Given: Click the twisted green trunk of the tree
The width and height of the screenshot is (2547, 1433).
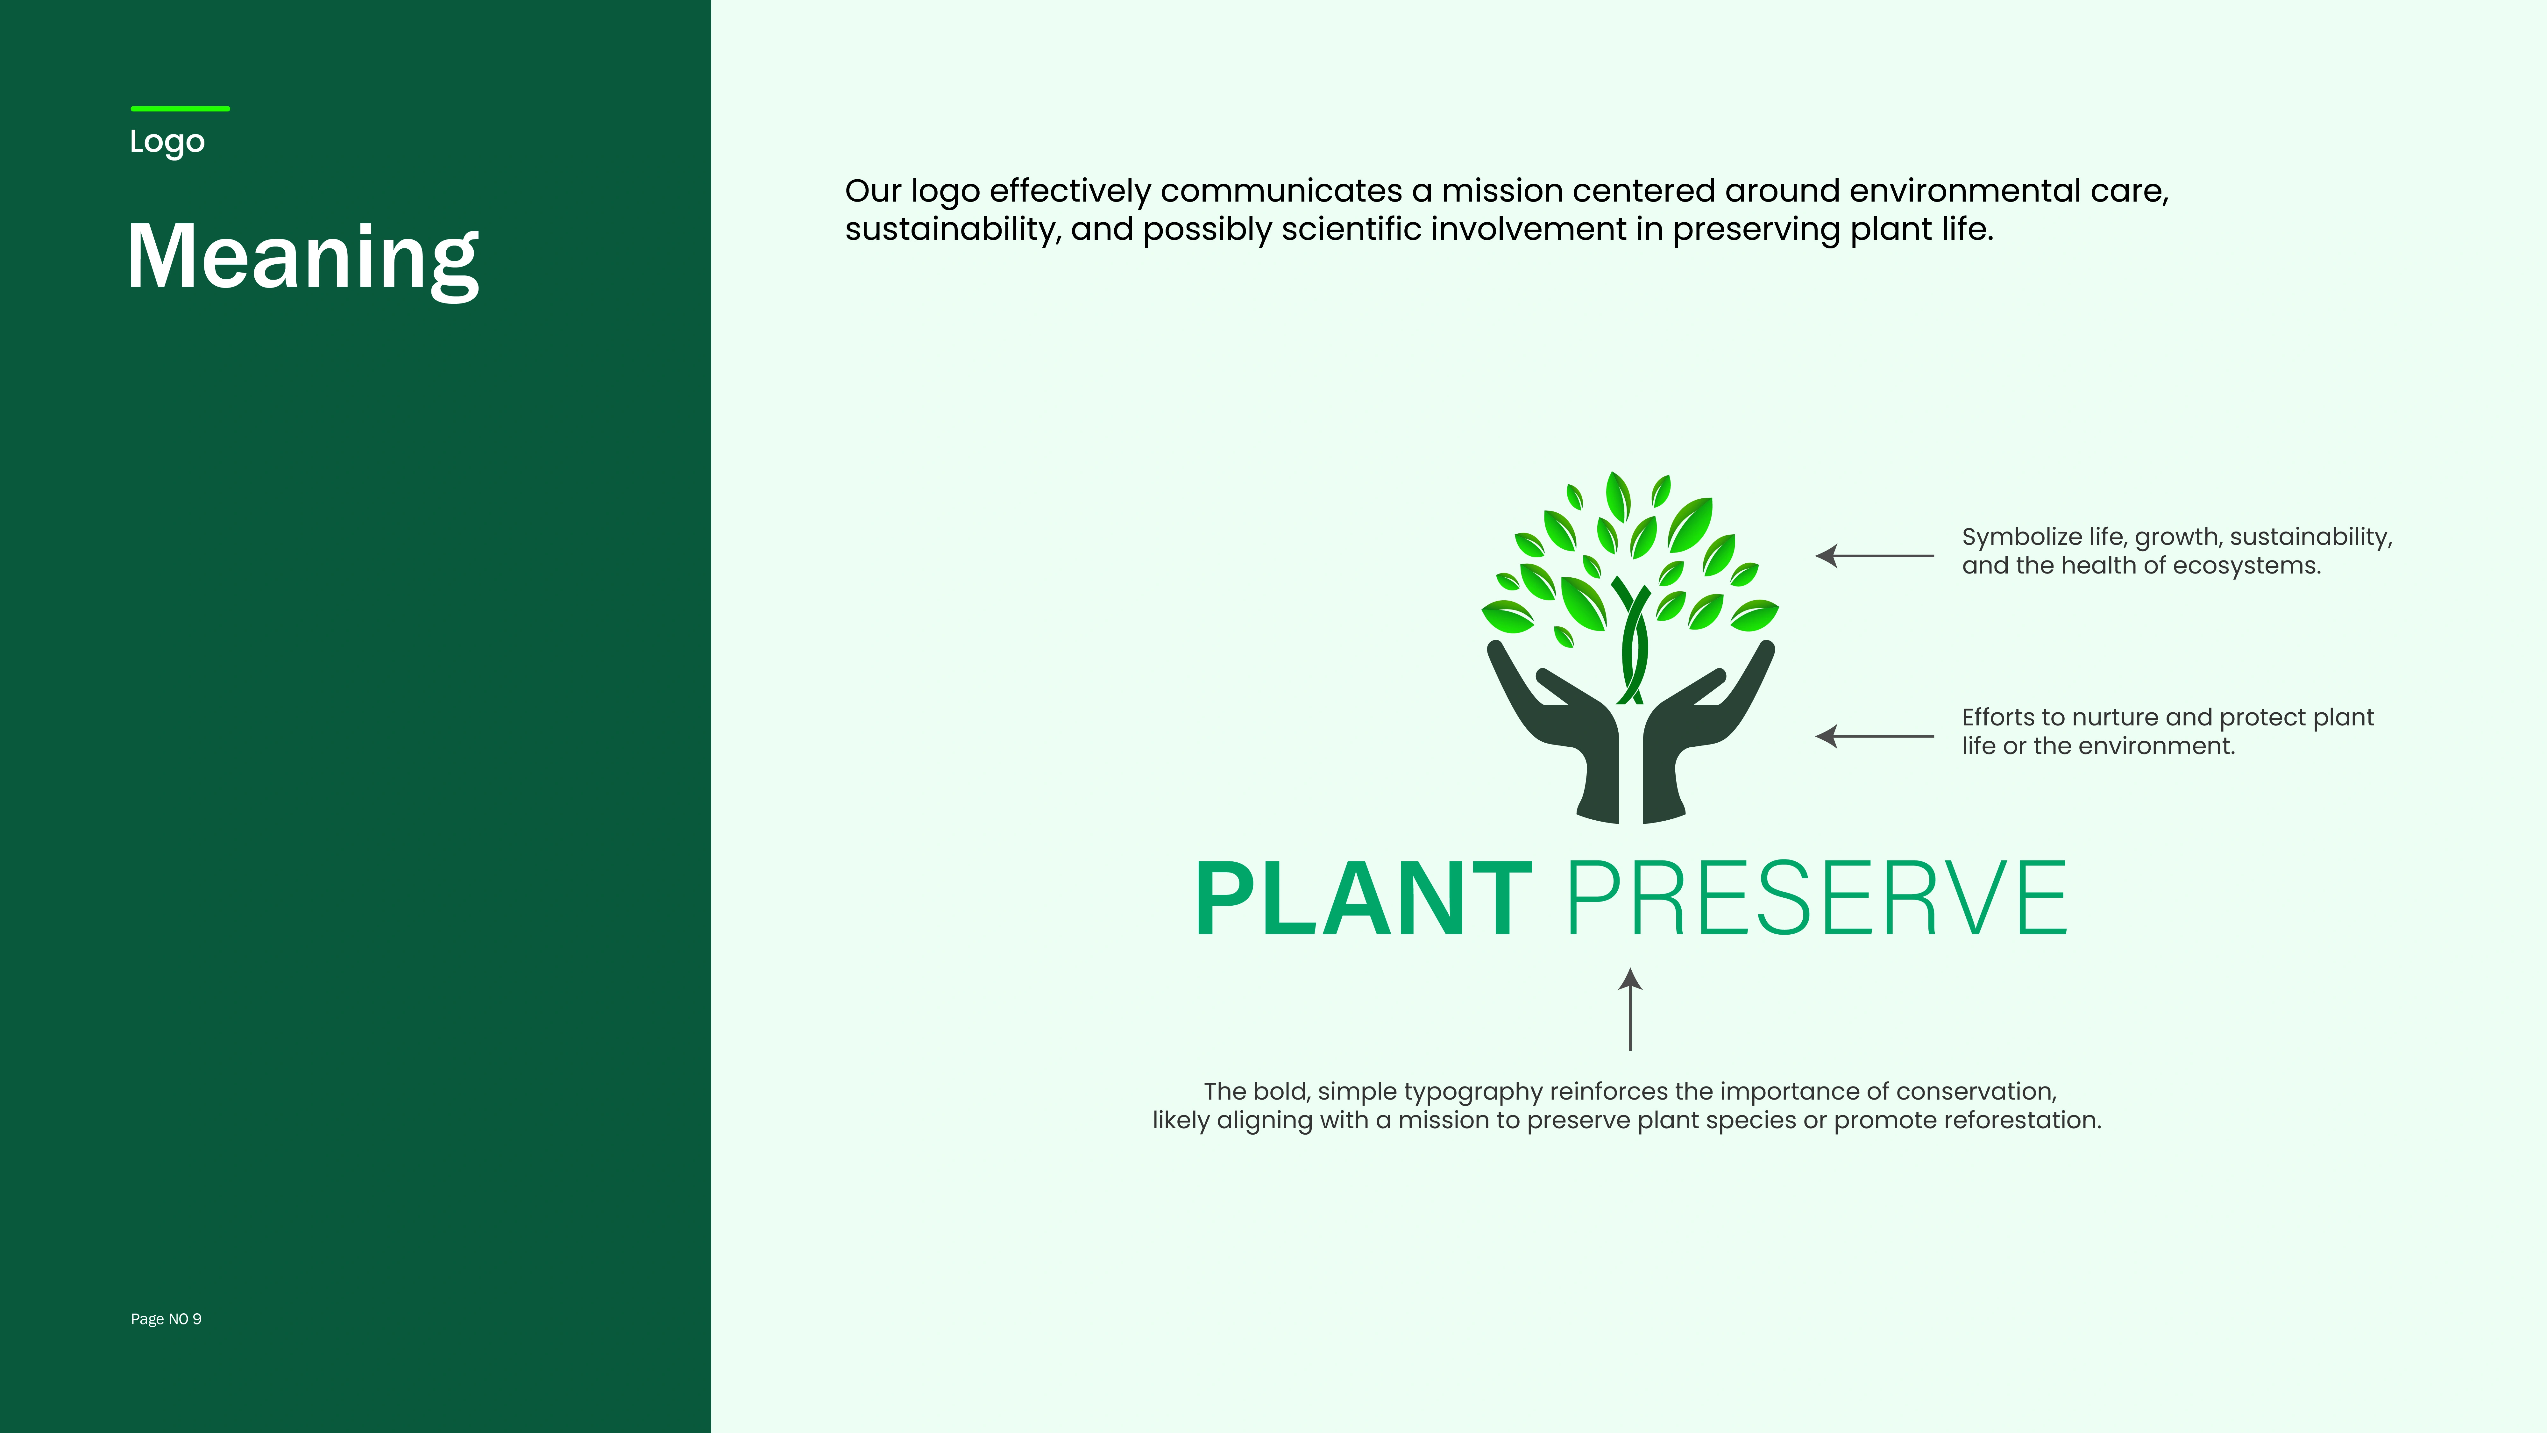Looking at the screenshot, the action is click(1631, 643).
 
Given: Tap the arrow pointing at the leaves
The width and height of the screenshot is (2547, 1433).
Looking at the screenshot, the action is click(1875, 556).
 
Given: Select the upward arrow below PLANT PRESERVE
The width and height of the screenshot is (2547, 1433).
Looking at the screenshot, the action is click(1630, 1009).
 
